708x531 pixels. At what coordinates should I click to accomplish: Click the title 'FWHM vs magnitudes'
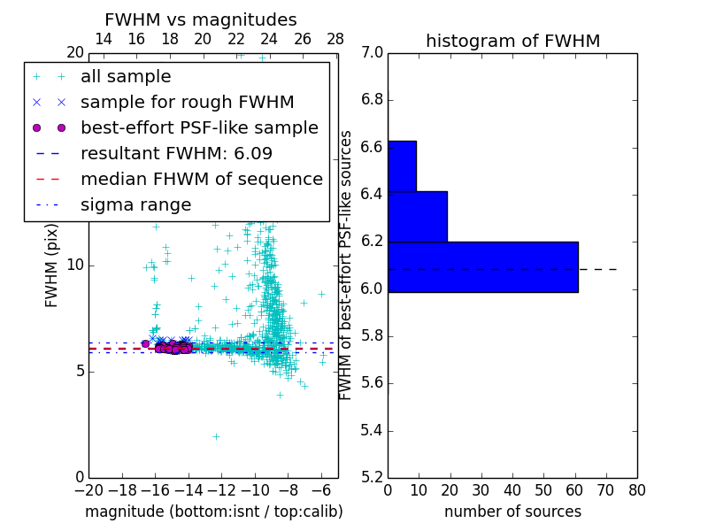click(200, 20)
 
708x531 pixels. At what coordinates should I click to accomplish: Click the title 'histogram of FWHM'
click(512, 41)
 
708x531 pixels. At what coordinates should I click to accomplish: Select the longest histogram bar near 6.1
click(482, 266)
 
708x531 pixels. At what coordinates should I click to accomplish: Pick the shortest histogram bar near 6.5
click(402, 165)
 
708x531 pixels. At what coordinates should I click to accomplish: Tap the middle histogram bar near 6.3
click(417, 216)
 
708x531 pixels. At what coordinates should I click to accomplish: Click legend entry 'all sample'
click(126, 77)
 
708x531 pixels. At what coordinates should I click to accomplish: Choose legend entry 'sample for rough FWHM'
click(187, 102)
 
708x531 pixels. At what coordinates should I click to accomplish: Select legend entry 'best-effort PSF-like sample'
click(199, 127)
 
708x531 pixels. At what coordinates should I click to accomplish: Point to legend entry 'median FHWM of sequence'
click(201, 179)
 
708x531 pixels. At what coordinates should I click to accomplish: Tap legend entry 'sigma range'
click(135, 204)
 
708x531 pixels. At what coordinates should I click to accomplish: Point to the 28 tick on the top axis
click(335, 39)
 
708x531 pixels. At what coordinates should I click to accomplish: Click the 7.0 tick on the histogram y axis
click(372, 52)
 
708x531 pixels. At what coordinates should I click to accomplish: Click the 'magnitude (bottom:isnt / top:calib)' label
click(213, 512)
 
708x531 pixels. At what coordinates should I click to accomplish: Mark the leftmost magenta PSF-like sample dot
click(145, 343)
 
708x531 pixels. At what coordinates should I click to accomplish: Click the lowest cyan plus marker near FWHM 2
click(215, 436)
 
